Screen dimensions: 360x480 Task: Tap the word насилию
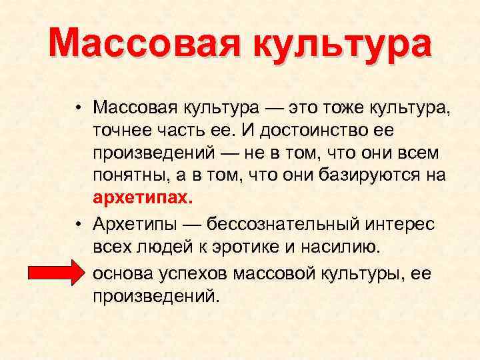341,248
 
